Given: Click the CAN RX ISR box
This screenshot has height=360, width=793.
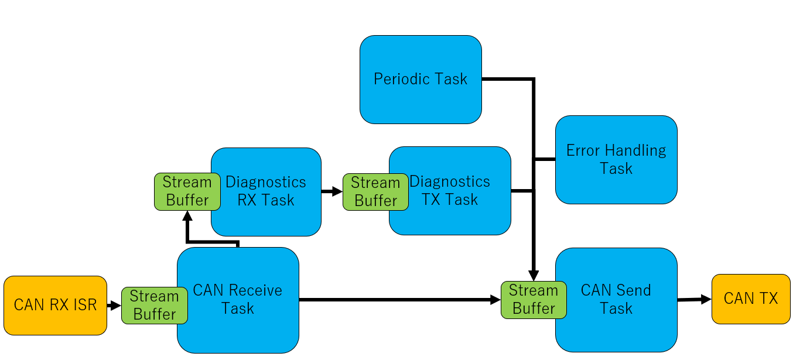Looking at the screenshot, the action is point(55,305).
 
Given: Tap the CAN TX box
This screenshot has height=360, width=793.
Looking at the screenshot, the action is point(751,299).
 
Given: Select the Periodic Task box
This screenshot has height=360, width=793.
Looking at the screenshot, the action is point(421,79).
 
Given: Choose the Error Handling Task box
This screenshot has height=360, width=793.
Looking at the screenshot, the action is point(616,160).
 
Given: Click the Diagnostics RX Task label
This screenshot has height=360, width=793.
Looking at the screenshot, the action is point(266,191).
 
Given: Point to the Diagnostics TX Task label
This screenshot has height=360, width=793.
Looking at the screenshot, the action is point(450,190).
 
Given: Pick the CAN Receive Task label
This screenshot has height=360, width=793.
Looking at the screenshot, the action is point(238,299).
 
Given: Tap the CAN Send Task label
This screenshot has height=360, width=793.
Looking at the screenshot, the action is point(616,299).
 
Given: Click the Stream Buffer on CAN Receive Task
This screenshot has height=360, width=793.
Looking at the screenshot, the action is point(155,305).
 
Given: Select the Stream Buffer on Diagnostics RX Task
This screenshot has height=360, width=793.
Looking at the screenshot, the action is point(187,191).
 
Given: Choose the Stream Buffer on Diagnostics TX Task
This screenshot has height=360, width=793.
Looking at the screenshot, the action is point(375,192).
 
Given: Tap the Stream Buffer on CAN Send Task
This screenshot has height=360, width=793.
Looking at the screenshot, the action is point(534,300).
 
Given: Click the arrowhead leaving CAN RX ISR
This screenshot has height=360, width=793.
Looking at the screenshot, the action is point(115,305).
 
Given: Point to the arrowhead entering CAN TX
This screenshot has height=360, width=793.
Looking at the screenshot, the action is point(706,300).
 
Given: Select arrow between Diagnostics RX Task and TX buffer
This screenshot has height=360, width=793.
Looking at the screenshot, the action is point(331,191).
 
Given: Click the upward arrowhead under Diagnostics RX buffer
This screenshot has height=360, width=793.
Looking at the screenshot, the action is point(187,216).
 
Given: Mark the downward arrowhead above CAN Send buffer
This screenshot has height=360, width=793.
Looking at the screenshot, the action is point(534,276).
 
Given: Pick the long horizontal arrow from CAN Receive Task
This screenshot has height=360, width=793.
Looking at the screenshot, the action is point(399,300).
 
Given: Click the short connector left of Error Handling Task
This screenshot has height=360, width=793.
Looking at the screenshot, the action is point(545,159).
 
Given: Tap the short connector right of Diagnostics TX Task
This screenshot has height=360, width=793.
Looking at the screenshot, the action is point(522,191).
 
